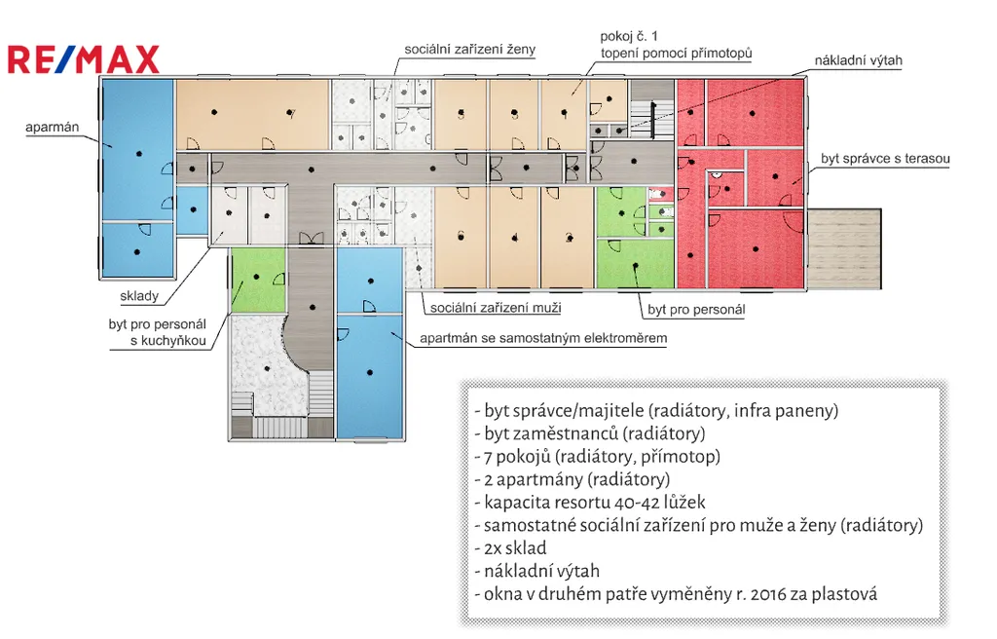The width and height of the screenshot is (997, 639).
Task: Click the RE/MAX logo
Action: [x=84, y=59]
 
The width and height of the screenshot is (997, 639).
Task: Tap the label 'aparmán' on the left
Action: [x=51, y=126]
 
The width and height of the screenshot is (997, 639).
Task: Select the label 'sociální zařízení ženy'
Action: [x=471, y=50]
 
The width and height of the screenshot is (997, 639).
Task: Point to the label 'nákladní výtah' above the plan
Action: [x=859, y=60]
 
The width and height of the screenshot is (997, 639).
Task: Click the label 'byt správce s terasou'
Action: [x=885, y=158]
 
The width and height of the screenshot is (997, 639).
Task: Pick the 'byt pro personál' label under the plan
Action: [x=696, y=310]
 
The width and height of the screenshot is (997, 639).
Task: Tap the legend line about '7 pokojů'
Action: [x=597, y=456]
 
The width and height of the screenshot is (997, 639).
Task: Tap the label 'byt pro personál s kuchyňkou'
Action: [x=158, y=333]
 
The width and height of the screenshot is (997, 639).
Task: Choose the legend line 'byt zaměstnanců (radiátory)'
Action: [x=589, y=432]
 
